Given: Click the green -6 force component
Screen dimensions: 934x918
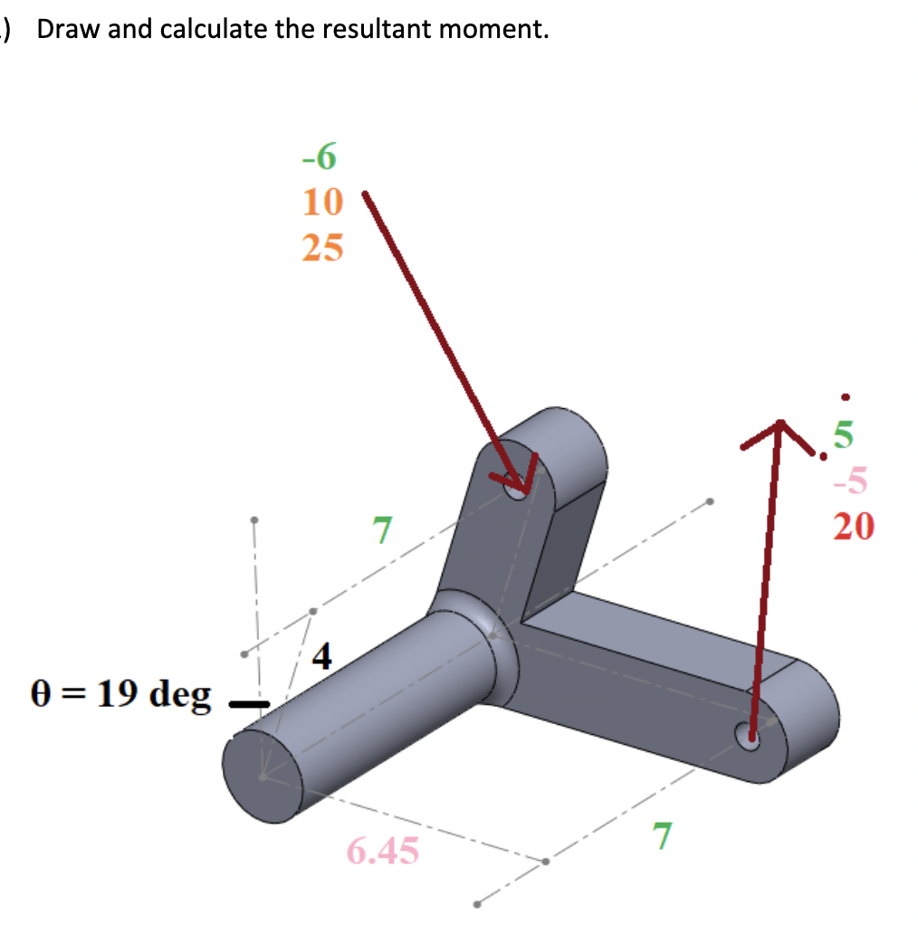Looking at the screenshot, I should point(320,157).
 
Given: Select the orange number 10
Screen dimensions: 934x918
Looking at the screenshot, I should point(322,202).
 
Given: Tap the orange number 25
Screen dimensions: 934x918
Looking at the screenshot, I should point(322,246).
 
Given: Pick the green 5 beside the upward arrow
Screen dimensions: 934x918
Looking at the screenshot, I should point(843,437).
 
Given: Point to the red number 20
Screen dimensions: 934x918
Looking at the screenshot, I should point(853,526).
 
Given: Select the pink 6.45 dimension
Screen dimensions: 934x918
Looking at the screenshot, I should point(383,851).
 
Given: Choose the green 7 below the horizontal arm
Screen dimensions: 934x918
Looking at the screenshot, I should point(663,837).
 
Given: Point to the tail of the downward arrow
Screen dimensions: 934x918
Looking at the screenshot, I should point(365,195).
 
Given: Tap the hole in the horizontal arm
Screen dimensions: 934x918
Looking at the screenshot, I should point(749,737).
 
